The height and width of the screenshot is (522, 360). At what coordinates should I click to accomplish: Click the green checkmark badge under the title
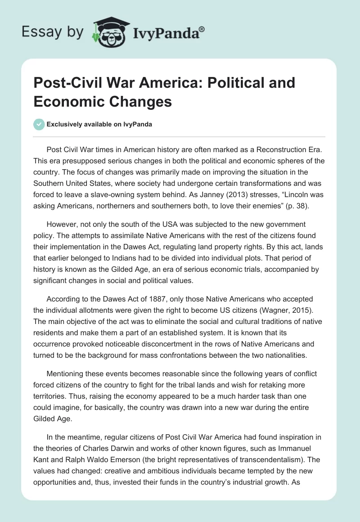click(x=39, y=124)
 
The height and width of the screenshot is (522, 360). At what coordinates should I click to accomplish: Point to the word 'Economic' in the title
click(x=67, y=101)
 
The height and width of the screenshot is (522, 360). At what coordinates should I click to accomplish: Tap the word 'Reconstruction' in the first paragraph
click(x=264, y=149)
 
